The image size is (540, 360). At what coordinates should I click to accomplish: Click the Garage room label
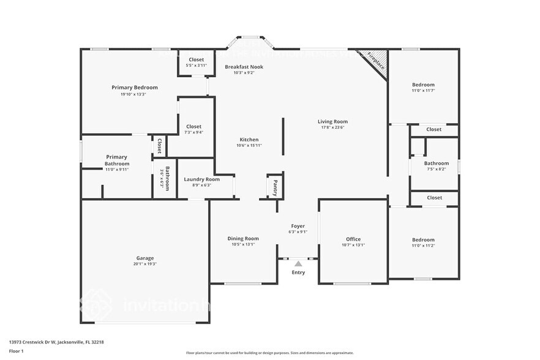145,258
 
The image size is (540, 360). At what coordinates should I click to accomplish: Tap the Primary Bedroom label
134,88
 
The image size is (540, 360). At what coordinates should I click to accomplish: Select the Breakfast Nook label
244,66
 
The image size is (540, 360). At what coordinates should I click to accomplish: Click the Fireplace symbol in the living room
375,61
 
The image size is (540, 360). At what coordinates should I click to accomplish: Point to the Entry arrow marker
298,263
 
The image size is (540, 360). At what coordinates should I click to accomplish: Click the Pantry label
275,187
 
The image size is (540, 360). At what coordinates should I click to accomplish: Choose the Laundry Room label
201,179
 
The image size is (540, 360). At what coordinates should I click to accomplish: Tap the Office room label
353,239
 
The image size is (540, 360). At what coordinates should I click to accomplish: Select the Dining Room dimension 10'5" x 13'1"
243,244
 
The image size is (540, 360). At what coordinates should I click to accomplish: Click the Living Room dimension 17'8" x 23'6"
332,127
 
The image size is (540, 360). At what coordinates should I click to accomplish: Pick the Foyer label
298,225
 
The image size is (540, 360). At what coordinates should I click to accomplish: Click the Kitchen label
249,140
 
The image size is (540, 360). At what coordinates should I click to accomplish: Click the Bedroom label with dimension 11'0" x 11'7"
423,84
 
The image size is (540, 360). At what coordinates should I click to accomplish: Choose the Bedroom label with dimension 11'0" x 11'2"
423,239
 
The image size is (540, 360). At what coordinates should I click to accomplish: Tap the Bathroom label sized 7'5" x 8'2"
437,163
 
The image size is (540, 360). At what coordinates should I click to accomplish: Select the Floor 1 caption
16,351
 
